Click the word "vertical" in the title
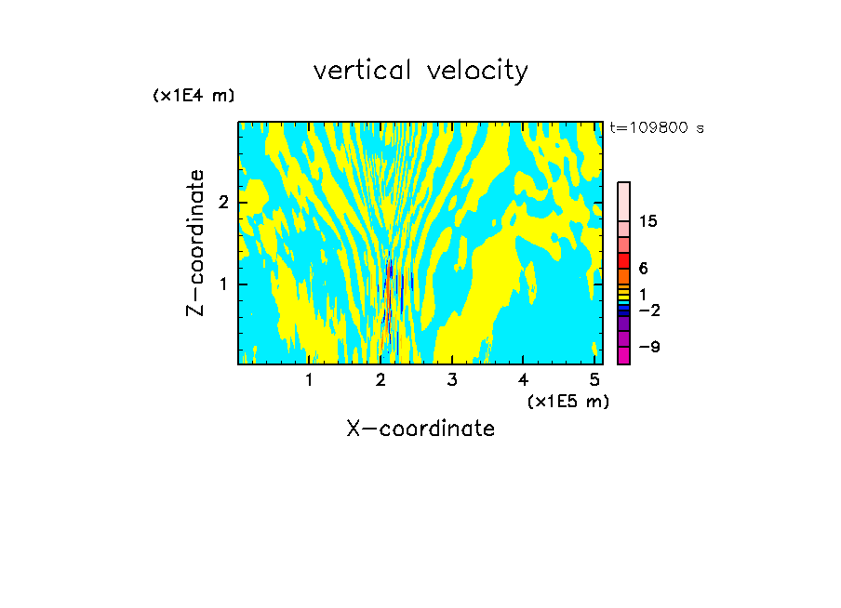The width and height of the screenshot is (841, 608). coord(363,71)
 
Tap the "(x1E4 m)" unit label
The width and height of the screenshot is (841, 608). coord(194,96)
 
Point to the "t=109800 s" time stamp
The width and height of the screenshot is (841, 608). coord(657,127)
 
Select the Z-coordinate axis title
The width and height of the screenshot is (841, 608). coord(195,243)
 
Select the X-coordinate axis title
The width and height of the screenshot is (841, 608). coord(420,429)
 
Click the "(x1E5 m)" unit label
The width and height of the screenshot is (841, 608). coord(568,402)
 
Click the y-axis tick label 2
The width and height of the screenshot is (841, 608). coord(223,203)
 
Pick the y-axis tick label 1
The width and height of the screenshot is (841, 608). coord(223,284)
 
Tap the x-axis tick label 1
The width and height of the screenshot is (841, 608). coord(309,380)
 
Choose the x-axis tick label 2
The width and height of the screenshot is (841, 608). coord(380,380)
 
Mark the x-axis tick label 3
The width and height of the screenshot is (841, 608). coord(452,380)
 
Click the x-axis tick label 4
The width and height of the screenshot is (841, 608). coord(523,380)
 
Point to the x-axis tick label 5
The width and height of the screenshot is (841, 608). coord(594,380)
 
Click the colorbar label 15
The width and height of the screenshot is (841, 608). coord(647,221)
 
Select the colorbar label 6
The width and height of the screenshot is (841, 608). coord(644,268)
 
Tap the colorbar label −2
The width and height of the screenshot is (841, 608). coord(649,310)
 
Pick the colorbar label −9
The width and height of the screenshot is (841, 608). coord(649,347)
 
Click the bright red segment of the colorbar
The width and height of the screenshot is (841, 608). coord(624,260)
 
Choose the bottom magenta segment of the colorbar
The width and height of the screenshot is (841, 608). coord(624,355)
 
